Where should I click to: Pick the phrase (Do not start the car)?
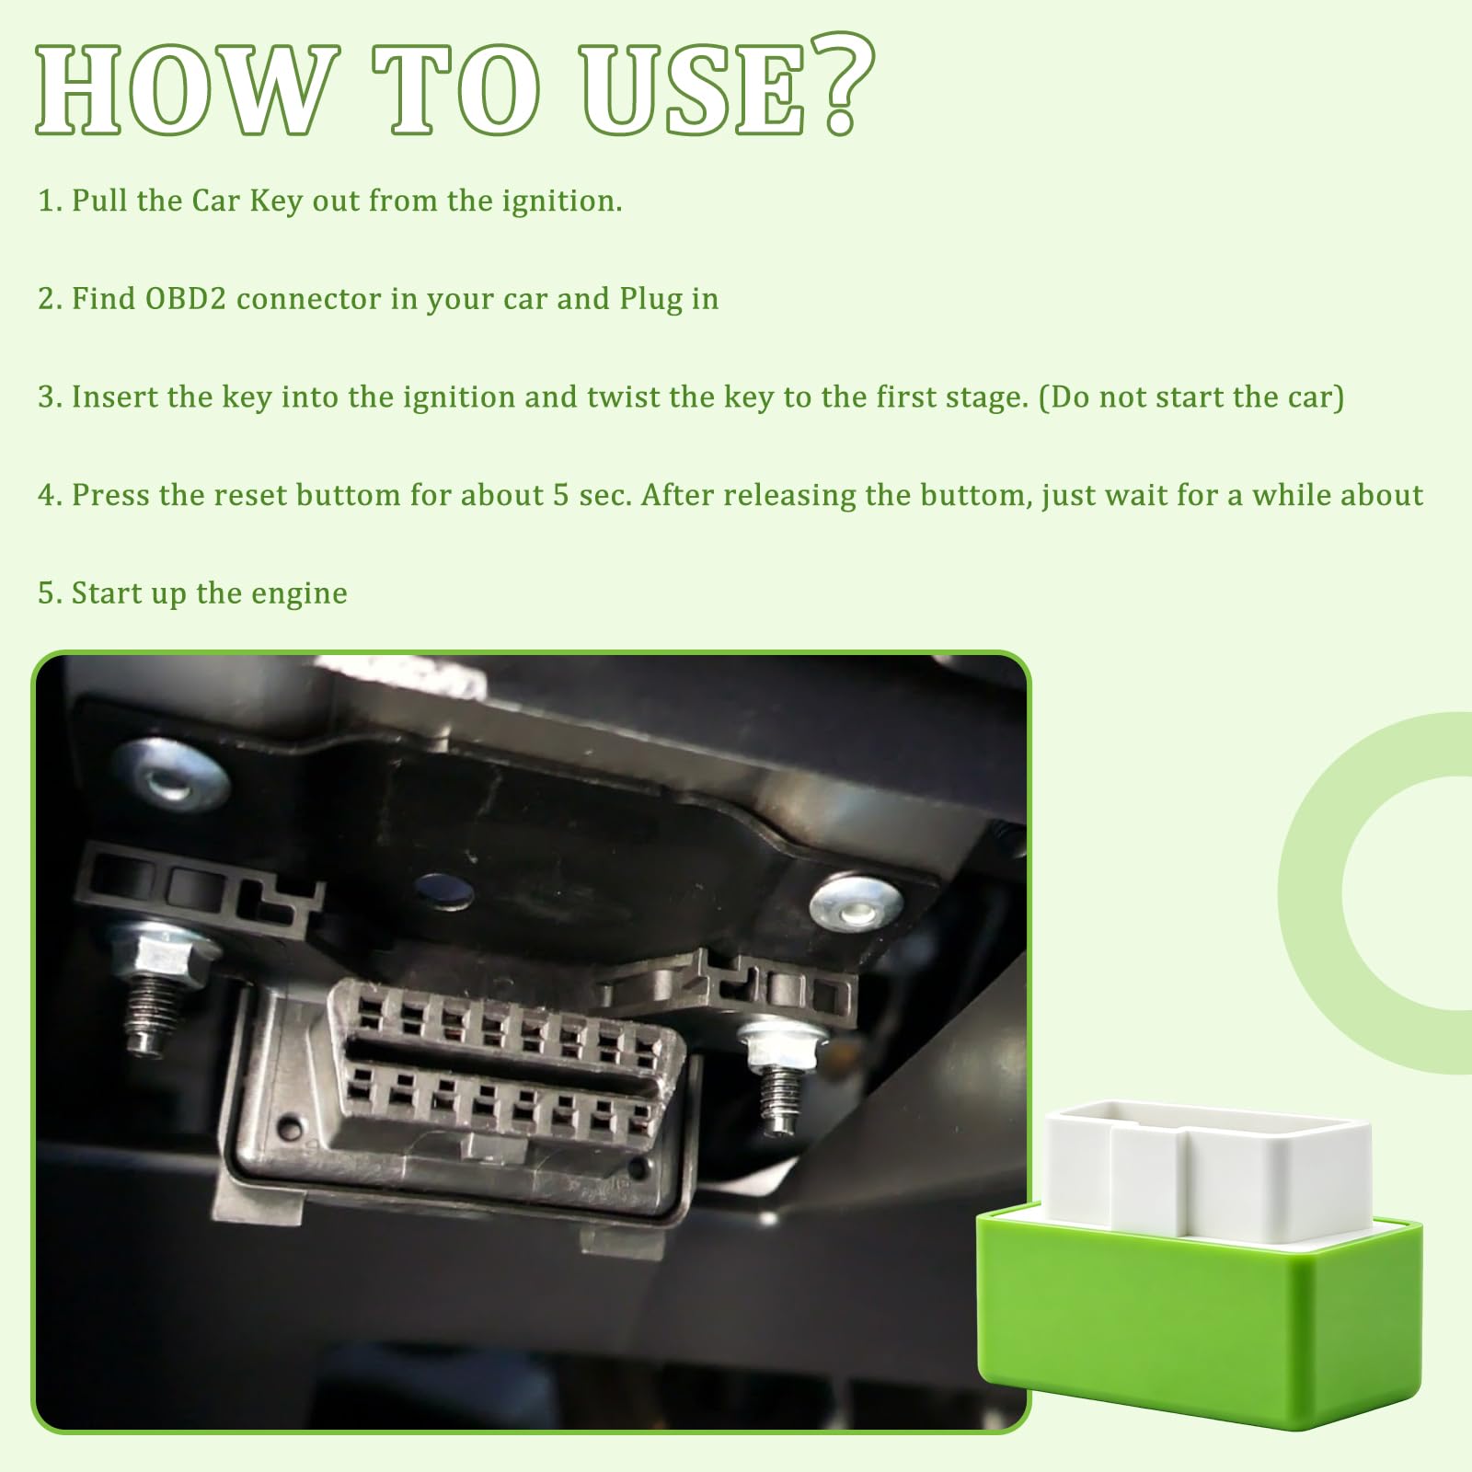tap(1191, 397)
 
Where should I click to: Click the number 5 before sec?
tap(560, 496)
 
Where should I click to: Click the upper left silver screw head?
tap(169, 776)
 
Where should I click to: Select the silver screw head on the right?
tap(856, 903)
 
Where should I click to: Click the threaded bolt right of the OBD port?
tap(779, 1076)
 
